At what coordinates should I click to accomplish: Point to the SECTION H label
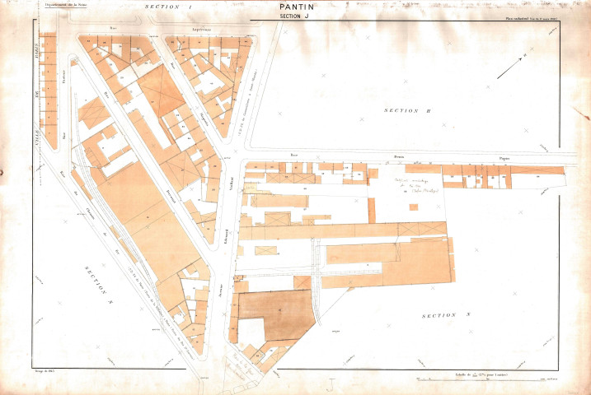coord(407,109)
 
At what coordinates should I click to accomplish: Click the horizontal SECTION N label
coord(443,316)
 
